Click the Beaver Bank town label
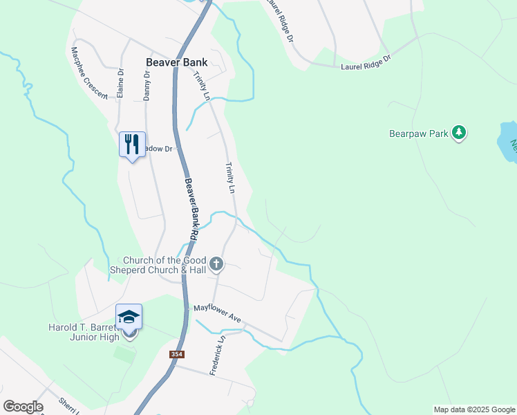[176, 62]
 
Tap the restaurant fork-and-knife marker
[132, 145]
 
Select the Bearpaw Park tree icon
[458, 131]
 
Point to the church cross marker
[216, 264]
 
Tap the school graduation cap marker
[129, 317]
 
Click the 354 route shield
[177, 354]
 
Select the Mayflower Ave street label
[217, 313]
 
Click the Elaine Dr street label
[120, 82]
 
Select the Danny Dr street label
[147, 85]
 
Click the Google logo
[23, 407]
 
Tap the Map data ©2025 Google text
[473, 409]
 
